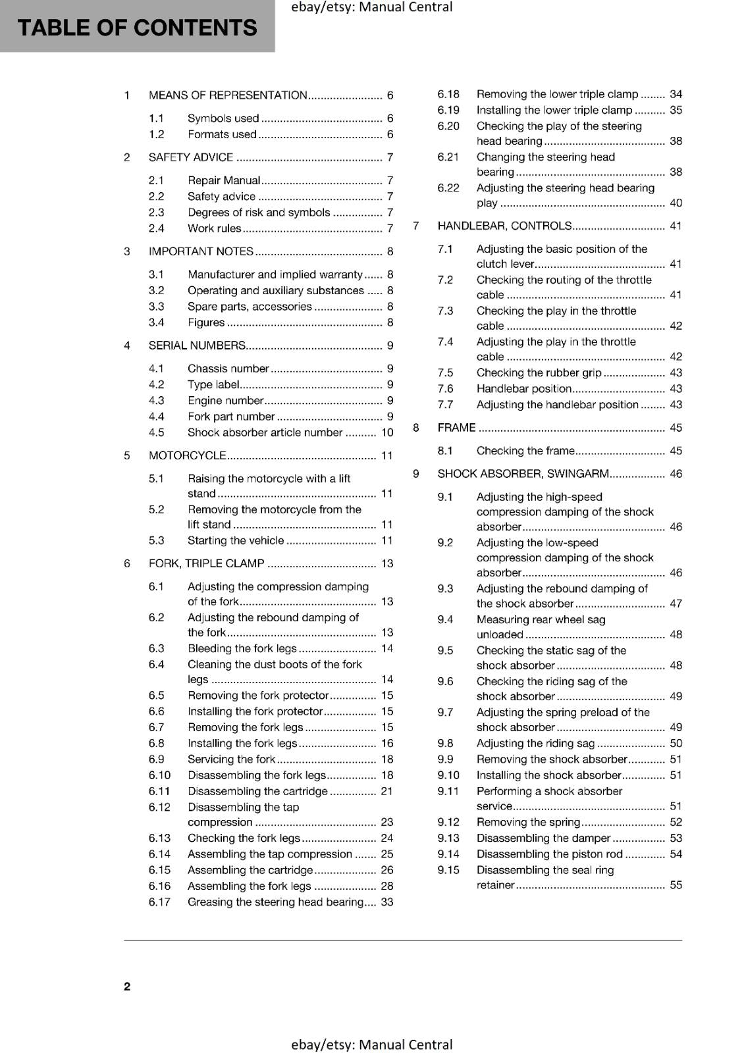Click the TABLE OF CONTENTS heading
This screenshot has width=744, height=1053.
tap(137, 28)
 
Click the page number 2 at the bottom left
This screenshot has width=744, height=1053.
tap(127, 986)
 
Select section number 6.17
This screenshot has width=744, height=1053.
tap(159, 902)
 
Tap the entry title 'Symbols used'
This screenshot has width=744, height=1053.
tap(223, 118)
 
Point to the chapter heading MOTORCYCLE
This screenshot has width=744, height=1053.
tap(188, 455)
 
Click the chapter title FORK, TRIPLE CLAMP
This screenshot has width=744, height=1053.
tap(206, 563)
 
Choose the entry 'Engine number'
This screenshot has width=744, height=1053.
tap(225, 401)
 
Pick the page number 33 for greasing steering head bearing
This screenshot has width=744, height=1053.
tap(387, 902)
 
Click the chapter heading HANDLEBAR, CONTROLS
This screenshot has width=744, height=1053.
tap(504, 226)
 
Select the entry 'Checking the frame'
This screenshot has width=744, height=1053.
tap(525, 451)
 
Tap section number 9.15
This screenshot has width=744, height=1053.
tap(448, 870)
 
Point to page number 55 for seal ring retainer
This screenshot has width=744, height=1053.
tap(676, 885)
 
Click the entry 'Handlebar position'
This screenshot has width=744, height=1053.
tap(524, 389)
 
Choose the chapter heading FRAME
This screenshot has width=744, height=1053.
tap(456, 428)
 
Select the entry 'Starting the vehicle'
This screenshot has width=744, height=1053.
tap(236, 541)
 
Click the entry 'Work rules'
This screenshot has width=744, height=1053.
tap(215, 228)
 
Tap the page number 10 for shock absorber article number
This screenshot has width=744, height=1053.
tap(387, 433)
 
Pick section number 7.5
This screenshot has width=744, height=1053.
tap(446, 373)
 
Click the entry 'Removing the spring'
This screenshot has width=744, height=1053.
tap(529, 822)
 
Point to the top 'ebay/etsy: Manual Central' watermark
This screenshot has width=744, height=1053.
tap(372, 7)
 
